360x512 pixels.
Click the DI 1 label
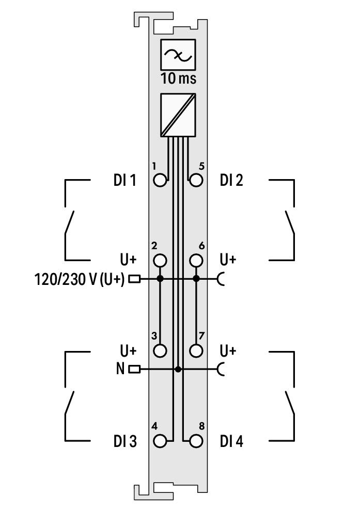tap(125, 180)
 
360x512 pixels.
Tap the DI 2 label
tap(231, 180)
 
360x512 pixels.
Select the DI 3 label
tap(125, 441)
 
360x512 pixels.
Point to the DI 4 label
tap(231, 441)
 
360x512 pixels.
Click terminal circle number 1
tap(160, 180)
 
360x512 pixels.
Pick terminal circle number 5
tap(196, 180)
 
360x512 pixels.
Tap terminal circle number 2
tap(160, 261)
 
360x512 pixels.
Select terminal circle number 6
tap(196, 261)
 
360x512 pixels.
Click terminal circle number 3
tap(160, 350)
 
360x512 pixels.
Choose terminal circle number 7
tap(196, 350)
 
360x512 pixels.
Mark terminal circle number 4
tap(160, 441)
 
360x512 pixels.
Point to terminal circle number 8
tap(196, 441)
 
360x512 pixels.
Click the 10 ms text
tap(178, 78)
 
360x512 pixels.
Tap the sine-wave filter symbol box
tap(178, 55)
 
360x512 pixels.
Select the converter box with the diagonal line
tap(178, 115)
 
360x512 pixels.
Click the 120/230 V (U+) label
tap(80, 280)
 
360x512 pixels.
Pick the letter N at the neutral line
tap(120, 369)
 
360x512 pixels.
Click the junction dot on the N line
tap(178, 370)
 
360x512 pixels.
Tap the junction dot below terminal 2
tap(160, 279)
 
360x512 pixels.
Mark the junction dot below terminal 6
tap(196, 279)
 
